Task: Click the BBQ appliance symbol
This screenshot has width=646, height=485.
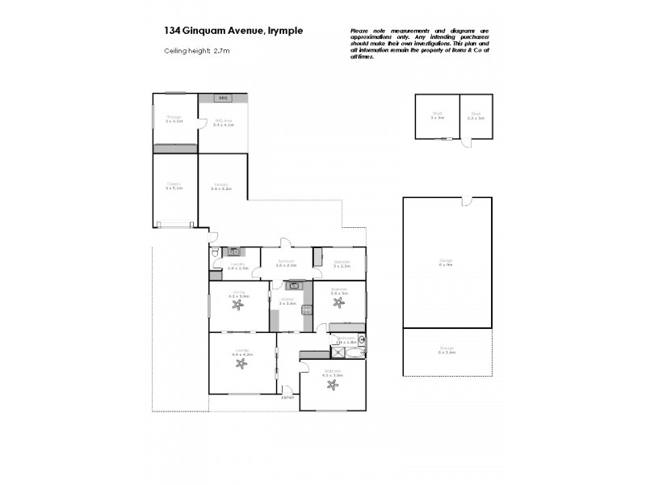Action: pos(222,98)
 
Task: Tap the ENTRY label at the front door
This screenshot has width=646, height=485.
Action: pos(287,397)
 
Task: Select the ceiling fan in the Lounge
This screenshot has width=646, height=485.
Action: pos(241,363)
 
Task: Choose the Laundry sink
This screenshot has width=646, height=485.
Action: pos(233,252)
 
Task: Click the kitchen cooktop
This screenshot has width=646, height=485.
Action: pos(307,307)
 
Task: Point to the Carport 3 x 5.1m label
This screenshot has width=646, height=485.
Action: pos(174,186)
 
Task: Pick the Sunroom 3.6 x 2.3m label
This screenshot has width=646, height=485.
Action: pos(287,263)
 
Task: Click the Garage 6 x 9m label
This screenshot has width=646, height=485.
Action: pos(446,261)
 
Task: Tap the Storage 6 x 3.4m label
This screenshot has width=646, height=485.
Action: pos(447,351)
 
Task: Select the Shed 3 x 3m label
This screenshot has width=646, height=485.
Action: pos(437,116)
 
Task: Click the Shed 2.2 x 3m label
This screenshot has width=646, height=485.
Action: pos(476,116)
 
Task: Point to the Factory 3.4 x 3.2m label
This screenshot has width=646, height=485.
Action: pos(221,186)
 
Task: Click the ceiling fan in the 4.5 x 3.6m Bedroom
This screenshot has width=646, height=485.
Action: pos(332,384)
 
